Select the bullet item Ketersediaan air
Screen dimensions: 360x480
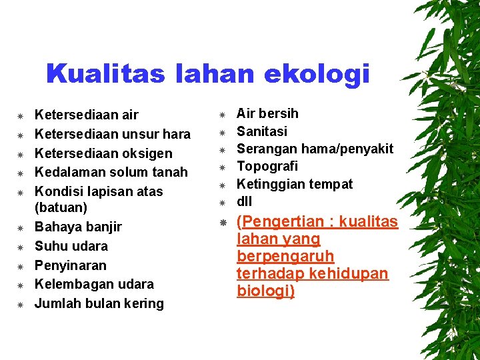tap(86, 115)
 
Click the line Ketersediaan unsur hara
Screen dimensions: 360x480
tap(112, 134)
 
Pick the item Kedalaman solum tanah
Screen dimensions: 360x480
tap(111, 172)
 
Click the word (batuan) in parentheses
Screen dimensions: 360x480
tap(61, 208)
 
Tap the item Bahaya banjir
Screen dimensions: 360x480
tap(78, 227)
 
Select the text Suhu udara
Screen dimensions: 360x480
tap(71, 246)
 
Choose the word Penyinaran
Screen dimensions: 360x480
tap(70, 265)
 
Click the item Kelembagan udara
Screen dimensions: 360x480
tap(94, 284)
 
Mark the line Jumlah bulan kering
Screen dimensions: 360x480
tap(99, 303)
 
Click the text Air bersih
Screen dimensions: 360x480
tap(267, 113)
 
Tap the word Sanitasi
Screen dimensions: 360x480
tap(262, 131)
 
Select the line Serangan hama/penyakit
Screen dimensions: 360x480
tap(315, 149)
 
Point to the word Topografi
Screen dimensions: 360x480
tap(267, 166)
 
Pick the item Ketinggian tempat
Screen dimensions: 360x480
tap(295, 184)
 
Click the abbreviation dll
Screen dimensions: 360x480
tap(244, 201)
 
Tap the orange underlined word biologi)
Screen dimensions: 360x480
tap(265, 291)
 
